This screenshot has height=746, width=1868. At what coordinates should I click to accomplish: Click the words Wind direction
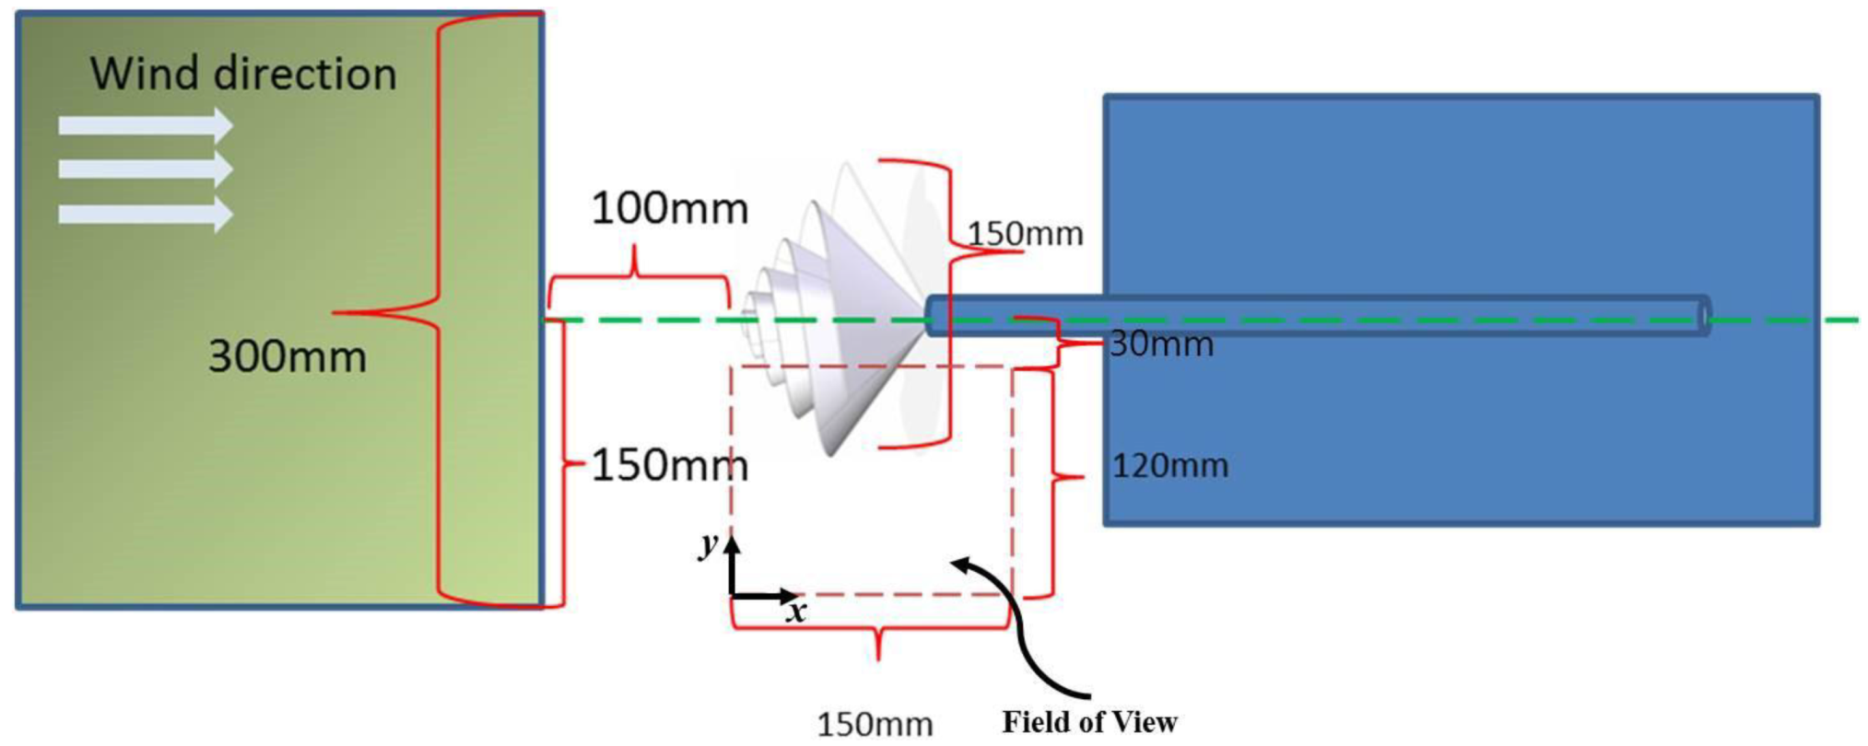pos(243,74)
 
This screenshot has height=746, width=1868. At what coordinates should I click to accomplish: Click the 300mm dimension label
pos(287,357)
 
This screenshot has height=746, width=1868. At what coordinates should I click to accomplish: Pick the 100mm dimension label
pos(669,209)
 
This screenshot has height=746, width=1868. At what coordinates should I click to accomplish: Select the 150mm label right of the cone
pos(1025,234)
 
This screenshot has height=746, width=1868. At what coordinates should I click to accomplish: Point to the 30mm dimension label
pos(1161,344)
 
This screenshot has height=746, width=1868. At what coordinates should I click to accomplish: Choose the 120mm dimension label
pos(1170,466)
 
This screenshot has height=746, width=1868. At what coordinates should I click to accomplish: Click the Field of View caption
pos(1089,722)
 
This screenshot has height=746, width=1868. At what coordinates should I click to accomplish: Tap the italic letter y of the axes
pos(708,544)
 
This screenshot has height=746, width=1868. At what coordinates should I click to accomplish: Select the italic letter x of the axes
pos(796,611)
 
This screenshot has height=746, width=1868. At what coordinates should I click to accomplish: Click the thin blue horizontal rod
pos(1318,315)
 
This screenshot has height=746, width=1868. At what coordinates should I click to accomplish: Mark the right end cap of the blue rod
pos(1704,316)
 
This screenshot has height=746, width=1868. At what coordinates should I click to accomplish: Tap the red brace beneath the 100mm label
pos(636,276)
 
